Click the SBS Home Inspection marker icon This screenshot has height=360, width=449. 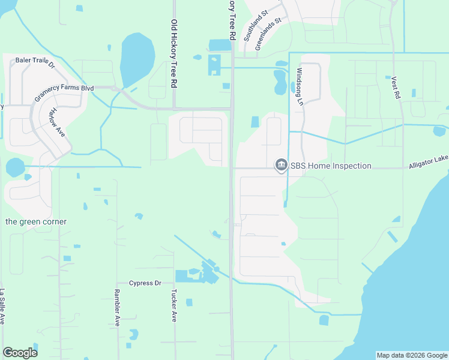coord(280,165)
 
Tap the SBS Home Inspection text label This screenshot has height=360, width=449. coord(331,166)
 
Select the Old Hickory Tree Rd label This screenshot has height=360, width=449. coord(174,54)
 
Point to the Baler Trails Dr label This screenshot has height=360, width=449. coord(35,61)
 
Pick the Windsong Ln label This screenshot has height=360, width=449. coord(300,86)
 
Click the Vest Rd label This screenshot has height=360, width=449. coord(395,88)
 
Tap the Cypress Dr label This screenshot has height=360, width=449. coord(146,283)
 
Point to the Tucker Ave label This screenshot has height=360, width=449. coord(174,307)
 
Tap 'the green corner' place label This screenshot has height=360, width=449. coord(36,221)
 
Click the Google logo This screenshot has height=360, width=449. coord(20,353)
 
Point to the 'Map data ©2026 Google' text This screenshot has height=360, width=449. coord(411,355)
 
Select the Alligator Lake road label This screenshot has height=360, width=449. coord(429,164)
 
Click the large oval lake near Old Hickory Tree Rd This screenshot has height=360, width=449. coord(137,59)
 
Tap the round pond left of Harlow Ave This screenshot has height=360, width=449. coord(14,167)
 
